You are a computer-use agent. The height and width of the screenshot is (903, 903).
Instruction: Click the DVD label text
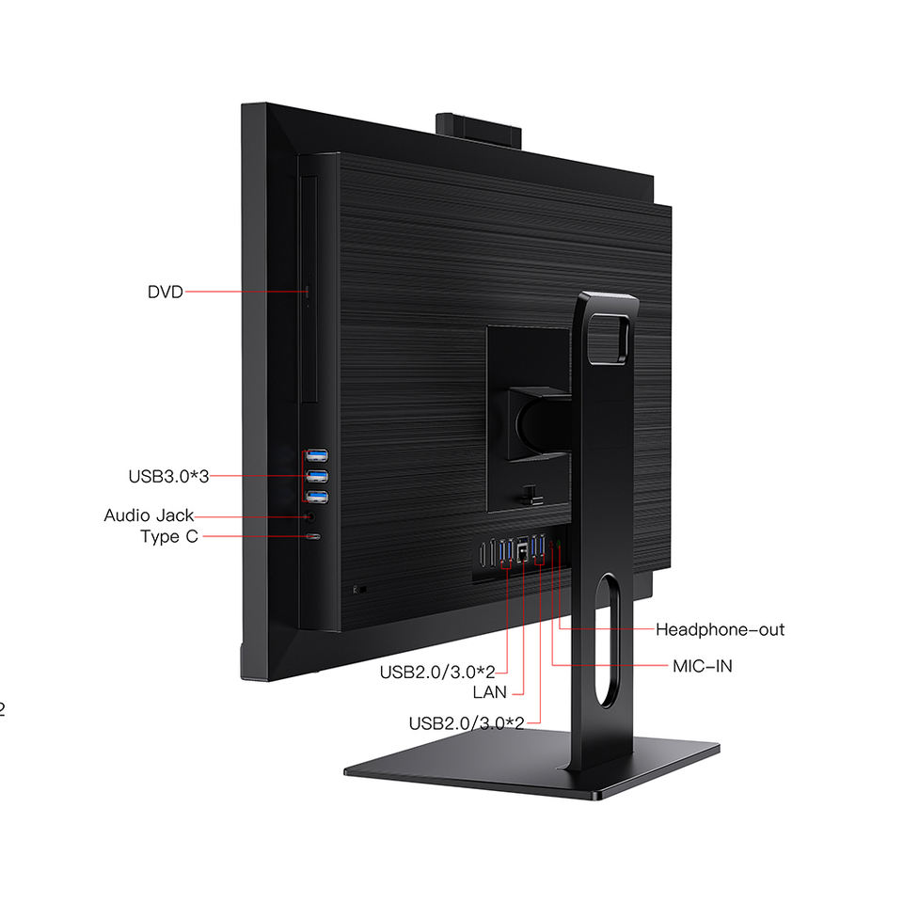165,292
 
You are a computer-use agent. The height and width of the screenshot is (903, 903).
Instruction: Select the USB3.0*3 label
167,476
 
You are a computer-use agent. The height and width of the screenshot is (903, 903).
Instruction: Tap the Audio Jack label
149,515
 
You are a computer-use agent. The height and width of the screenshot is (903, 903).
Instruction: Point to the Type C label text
169,536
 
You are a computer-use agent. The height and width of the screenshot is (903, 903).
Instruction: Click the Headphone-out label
720,629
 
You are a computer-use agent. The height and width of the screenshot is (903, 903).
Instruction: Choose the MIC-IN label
702,666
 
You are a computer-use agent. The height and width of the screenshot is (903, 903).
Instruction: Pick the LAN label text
489,692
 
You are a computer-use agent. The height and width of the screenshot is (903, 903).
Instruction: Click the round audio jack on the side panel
310,515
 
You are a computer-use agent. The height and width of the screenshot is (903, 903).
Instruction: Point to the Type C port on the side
312,536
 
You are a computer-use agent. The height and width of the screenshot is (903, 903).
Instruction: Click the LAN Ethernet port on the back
523,553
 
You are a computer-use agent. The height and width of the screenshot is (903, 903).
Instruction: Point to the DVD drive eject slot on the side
308,293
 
